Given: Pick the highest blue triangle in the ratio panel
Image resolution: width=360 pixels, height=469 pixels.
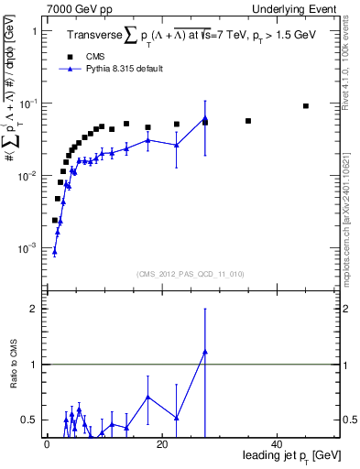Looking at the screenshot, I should click(x=205, y=351).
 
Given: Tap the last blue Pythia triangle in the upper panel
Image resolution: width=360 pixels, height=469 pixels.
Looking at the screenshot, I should click(x=205, y=118).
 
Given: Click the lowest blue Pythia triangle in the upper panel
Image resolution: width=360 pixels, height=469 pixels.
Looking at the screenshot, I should click(x=55, y=251).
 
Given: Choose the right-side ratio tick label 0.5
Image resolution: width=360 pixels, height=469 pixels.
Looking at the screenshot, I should click(x=349, y=420).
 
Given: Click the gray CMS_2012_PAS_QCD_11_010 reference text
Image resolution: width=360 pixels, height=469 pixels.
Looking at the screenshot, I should click(x=190, y=273).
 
